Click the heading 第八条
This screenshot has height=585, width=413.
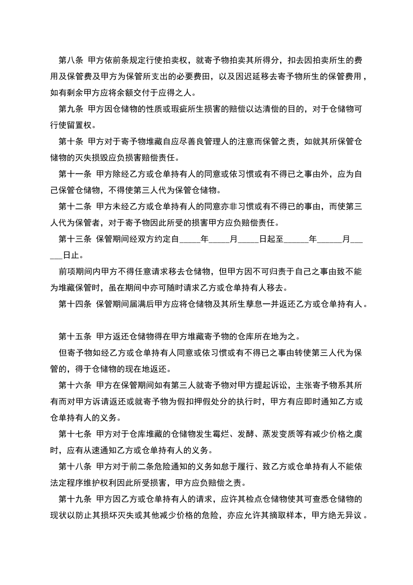[71, 60]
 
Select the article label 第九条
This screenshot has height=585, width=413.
[71, 109]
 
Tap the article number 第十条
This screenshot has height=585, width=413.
[71, 141]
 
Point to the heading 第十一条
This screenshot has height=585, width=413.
[75, 174]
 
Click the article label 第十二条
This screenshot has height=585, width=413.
[75, 206]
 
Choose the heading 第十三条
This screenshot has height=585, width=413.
[75, 239]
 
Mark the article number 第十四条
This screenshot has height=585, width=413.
[75, 304]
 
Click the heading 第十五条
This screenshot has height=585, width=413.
[75, 336]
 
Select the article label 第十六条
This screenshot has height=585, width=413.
[75, 385]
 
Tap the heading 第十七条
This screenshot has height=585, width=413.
[75, 434]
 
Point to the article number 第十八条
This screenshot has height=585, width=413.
[75, 467]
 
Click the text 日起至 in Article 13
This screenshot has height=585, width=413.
[271, 239]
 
